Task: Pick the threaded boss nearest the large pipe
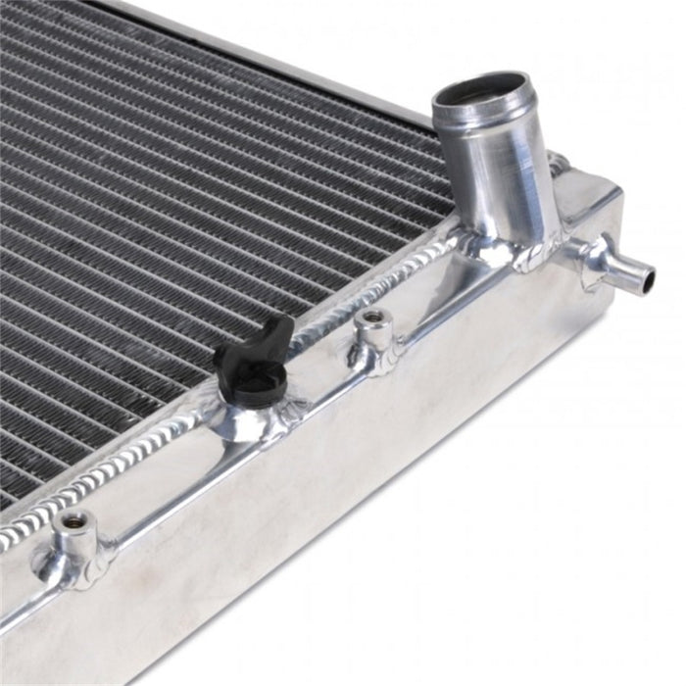pos(373,334)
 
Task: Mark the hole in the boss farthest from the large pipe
pos(73,520)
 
